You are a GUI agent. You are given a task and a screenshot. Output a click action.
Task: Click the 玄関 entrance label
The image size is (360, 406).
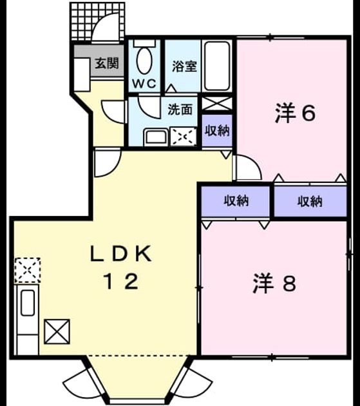pyautogui.click(x=107, y=63)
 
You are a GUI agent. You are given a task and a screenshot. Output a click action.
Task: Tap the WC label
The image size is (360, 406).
pyautogui.click(x=144, y=83)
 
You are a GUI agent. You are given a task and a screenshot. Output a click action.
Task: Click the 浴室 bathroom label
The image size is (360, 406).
pyautogui.click(x=185, y=66)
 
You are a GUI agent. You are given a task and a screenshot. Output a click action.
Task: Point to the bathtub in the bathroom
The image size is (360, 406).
pyautogui.click(x=217, y=66)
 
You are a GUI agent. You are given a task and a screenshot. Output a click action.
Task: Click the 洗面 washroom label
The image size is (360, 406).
pyautogui.click(x=180, y=110)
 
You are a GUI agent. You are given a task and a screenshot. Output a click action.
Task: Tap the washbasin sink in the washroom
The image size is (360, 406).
pyautogui.click(x=156, y=137)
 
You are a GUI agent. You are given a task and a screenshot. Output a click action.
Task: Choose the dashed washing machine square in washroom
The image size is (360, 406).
pyautogui.click(x=184, y=137)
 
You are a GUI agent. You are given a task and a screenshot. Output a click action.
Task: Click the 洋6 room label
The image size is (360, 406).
pyautogui.click(x=295, y=113)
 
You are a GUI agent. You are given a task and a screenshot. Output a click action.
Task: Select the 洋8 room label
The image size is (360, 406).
pyautogui.click(x=274, y=284)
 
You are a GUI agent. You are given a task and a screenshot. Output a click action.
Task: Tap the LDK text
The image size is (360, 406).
pyautogui.click(x=120, y=253)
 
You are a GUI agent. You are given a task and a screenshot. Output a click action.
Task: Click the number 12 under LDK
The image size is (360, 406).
pyautogui.click(x=121, y=281)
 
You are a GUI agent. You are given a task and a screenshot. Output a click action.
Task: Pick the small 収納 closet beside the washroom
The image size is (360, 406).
pyautogui.click(x=217, y=131)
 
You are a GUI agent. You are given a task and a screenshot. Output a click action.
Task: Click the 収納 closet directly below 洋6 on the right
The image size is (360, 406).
pyautogui.click(x=310, y=201)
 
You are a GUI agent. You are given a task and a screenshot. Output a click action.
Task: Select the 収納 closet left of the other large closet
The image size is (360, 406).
pyautogui.click(x=236, y=201)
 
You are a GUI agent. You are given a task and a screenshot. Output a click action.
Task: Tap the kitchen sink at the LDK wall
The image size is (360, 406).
pyautogui.click(x=28, y=303)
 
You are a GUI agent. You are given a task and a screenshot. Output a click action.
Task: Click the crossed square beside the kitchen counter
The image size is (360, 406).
pyautogui.click(x=57, y=332)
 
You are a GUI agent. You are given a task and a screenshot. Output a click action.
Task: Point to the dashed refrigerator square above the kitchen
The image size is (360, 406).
pyautogui.click(x=28, y=270)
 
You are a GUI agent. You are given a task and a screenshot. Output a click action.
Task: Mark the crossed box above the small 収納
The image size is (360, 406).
pyautogui.click(x=217, y=104)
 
